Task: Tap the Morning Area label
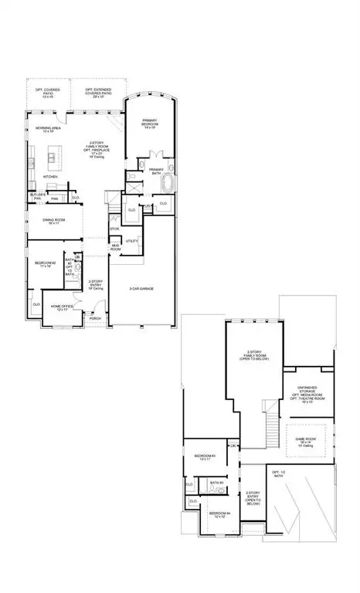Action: pyautogui.click(x=44, y=131)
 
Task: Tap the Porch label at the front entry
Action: pyautogui.click(x=96, y=318)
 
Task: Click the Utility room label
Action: pyautogui.click(x=131, y=242)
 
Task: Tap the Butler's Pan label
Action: pyautogui.click(x=37, y=197)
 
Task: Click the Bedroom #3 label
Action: pyautogui.click(x=204, y=456)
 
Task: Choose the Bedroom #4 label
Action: pyautogui.click(x=219, y=514)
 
